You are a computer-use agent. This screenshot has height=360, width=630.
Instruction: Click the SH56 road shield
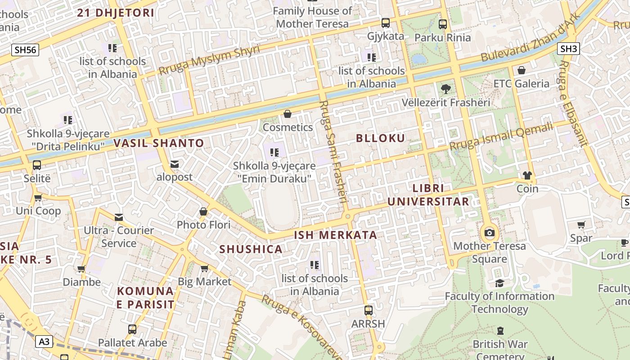pos(25,50)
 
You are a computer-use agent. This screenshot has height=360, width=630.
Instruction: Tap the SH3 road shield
pos(568,49)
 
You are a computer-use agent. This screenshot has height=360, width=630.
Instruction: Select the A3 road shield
pos(44,342)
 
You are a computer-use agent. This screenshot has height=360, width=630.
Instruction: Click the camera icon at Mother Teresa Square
pos(490,233)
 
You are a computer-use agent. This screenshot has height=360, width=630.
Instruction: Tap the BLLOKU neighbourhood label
pos(381,138)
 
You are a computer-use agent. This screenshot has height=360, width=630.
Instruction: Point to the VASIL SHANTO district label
pos(159,144)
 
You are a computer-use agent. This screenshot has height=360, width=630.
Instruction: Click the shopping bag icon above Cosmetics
pos(288,114)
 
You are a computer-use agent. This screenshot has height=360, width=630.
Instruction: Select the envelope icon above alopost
pos(174,164)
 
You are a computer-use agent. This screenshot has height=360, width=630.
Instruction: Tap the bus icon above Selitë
pos(37,165)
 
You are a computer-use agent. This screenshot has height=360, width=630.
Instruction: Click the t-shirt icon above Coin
pos(527,175)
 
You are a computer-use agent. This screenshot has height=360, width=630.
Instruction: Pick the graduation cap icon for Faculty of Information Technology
pos(499,283)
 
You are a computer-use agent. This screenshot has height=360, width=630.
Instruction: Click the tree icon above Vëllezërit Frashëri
pos(445,89)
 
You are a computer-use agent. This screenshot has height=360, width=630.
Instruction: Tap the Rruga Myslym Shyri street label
pos(209,60)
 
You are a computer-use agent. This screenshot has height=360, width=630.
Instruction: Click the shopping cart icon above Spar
pos(581,225)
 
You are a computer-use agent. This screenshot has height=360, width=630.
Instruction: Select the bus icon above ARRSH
pos(368,310)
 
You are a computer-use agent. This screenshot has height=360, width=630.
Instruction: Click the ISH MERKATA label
pos(335,235)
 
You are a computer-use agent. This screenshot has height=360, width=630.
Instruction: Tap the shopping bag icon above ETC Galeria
pos(521,70)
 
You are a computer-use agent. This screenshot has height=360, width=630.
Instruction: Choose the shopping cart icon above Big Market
pos(204,269)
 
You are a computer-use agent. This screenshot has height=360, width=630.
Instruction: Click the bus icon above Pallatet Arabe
pos(132,329)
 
